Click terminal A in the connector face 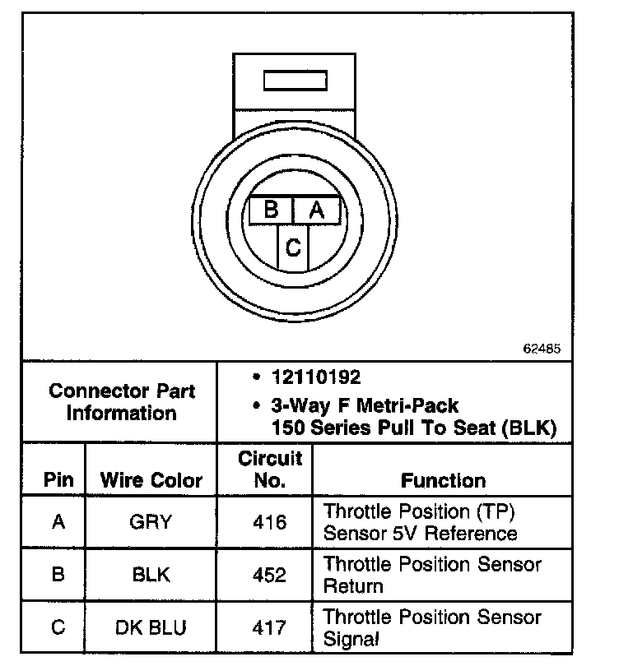(x=316, y=210)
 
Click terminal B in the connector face (x=271, y=210)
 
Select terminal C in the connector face (x=293, y=247)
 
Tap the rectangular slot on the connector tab (x=293, y=81)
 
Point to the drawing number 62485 (x=542, y=349)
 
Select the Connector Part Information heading (x=122, y=401)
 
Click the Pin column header (x=58, y=480)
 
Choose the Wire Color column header (x=151, y=480)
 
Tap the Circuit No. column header (x=270, y=469)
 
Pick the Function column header (x=443, y=480)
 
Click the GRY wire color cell (x=151, y=522)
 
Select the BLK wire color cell (x=151, y=575)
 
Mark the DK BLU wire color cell (x=151, y=627)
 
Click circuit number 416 (x=270, y=522)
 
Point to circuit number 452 (x=270, y=575)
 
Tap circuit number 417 (x=270, y=627)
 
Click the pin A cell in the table (x=58, y=522)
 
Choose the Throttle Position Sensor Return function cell (x=432, y=575)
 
